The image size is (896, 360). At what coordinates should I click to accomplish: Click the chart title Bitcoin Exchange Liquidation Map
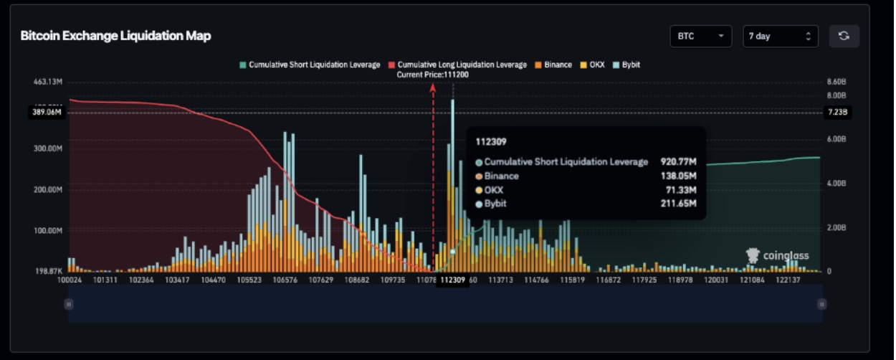tap(115, 36)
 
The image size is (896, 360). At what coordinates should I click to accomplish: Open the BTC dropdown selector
tap(700, 36)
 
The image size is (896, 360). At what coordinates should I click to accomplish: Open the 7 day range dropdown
tap(780, 36)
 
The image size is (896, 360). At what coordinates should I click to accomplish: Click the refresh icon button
tap(844, 36)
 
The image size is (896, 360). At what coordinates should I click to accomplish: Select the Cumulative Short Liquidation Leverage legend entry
tap(310, 65)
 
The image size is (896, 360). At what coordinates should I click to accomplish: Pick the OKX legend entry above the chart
tap(592, 65)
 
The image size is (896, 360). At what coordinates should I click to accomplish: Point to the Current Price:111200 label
tap(433, 75)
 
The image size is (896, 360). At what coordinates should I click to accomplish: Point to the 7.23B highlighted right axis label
tap(837, 112)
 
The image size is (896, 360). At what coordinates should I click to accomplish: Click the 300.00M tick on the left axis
tap(49, 148)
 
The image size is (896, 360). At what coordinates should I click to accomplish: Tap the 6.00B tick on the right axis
tap(837, 139)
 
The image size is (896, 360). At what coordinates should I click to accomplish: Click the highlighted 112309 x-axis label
tap(453, 280)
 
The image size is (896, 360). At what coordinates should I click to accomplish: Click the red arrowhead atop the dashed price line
tap(433, 87)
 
